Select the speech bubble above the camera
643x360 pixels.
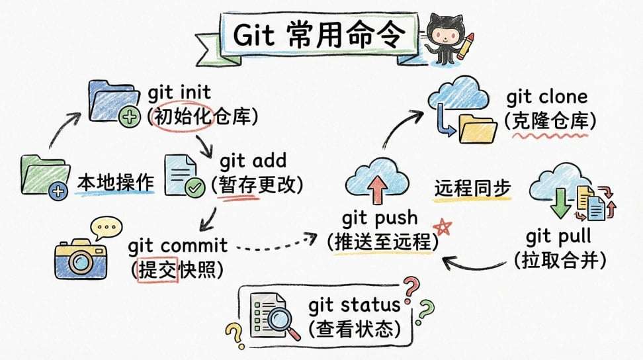[105, 229]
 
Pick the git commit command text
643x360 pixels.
[177, 246]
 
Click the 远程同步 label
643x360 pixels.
[472, 188]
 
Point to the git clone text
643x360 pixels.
[546, 97]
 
